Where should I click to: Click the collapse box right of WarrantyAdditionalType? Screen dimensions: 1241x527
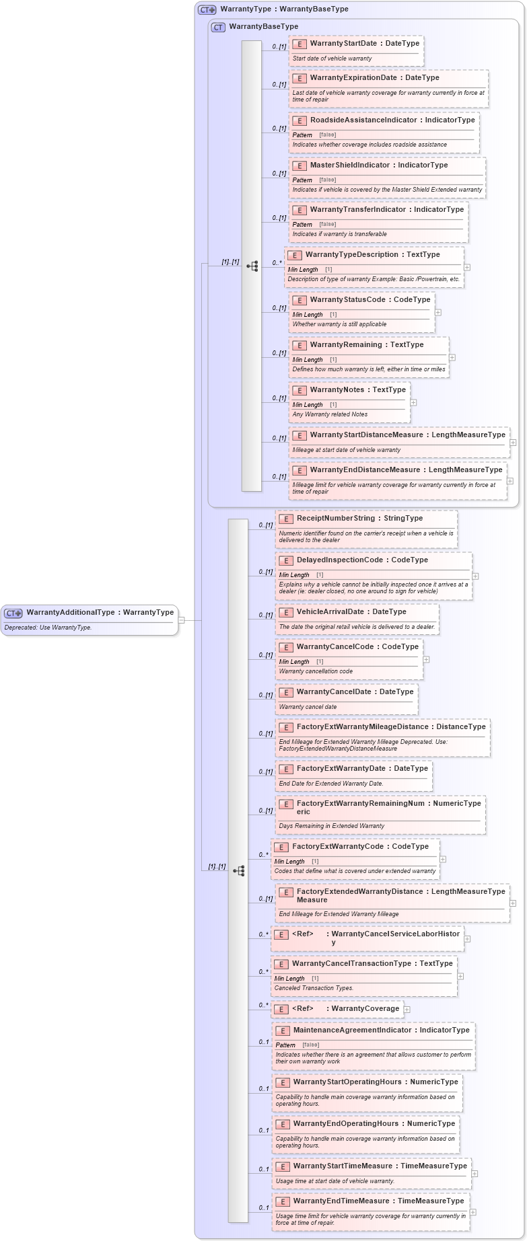click(x=181, y=619)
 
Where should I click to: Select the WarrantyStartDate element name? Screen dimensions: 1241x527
click(x=343, y=44)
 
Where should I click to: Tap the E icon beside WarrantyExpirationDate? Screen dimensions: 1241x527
click(x=300, y=78)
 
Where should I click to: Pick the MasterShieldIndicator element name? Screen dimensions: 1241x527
click(x=351, y=165)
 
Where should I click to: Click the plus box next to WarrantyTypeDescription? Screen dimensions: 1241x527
click(x=467, y=267)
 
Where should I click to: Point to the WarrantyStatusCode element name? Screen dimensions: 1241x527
click(x=350, y=300)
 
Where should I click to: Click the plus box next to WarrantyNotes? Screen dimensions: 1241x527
click(x=413, y=402)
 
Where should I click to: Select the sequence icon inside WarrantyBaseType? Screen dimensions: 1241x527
click(x=252, y=266)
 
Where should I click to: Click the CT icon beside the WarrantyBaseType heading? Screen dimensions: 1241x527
click(x=218, y=27)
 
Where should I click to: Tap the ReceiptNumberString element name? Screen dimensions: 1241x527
click(x=336, y=519)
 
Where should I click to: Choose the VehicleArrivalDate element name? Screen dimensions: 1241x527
click(x=332, y=612)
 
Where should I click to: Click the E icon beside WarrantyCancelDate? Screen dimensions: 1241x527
click(x=286, y=692)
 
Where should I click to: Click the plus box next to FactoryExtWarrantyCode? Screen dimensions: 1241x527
click(x=443, y=859)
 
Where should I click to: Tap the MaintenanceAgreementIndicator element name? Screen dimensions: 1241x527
click(x=351, y=1030)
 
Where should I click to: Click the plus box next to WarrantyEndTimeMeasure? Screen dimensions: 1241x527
click(x=473, y=1212)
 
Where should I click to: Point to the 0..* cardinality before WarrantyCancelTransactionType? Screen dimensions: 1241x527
click(x=263, y=972)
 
